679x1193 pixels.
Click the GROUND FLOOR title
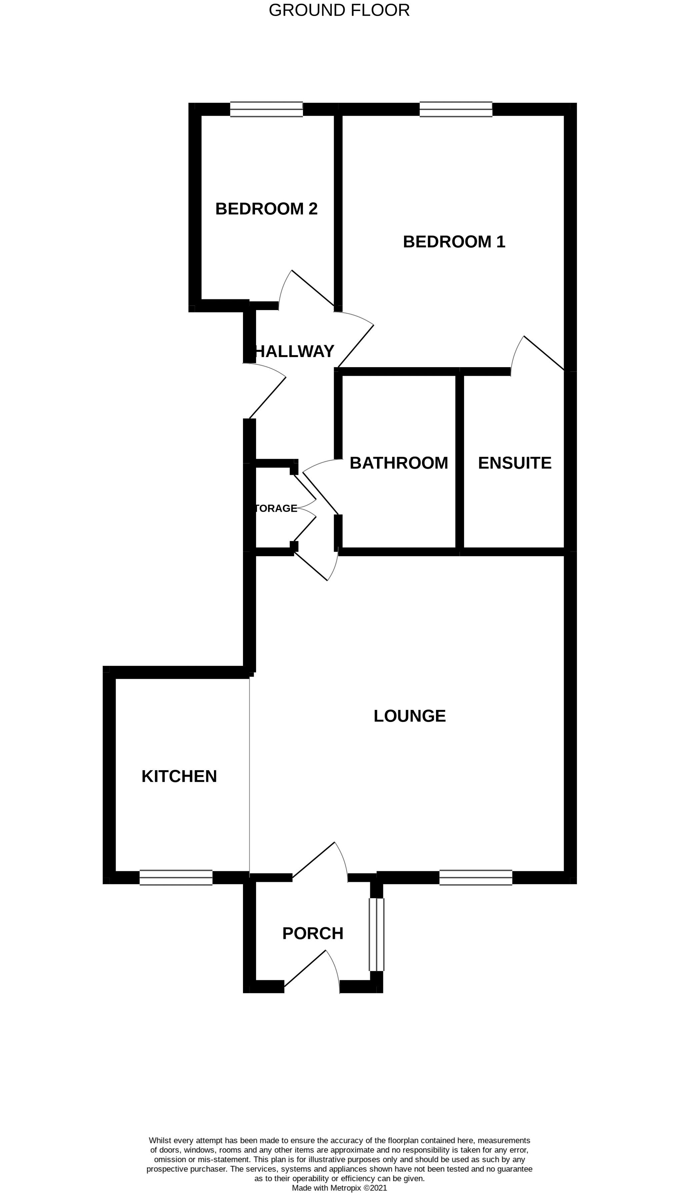point(339,10)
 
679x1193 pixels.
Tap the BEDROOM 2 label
point(266,208)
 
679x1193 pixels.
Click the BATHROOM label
point(399,463)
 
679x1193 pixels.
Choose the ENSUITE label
point(514,463)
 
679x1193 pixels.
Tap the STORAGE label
point(276,508)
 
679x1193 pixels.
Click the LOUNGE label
point(409,716)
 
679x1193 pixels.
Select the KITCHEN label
point(179,776)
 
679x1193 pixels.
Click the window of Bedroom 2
point(266,109)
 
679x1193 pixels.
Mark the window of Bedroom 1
point(456,109)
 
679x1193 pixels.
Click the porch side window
point(376,934)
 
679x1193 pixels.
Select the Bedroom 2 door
point(305,289)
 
